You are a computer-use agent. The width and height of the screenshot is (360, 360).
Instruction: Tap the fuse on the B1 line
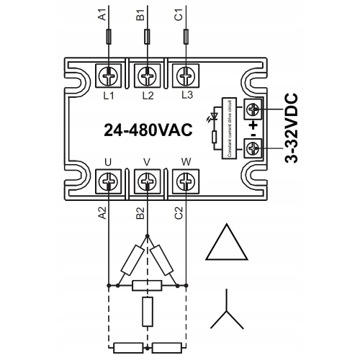[147, 36]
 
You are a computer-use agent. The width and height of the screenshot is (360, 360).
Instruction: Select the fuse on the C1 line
[186, 36]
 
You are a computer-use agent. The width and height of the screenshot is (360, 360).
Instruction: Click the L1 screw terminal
[108, 74]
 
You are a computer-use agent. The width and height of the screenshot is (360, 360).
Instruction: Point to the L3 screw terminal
[186, 74]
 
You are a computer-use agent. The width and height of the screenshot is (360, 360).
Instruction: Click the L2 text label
[147, 94]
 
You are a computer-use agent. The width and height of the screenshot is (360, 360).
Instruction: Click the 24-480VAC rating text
[147, 130]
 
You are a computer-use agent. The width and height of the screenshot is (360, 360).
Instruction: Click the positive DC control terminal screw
[253, 109]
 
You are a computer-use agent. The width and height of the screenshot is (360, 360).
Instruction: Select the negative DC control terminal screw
[253, 149]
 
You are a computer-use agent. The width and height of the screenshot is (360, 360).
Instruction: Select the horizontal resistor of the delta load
[147, 285]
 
